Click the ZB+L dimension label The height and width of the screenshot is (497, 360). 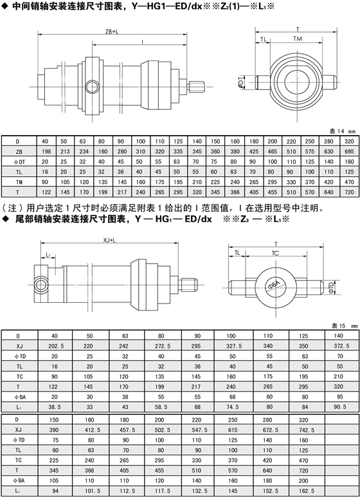tap(112, 32)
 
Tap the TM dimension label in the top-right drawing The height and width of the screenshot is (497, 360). tap(298, 39)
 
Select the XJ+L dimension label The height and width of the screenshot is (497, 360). tap(110, 240)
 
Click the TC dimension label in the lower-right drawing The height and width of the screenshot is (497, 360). tap(275, 253)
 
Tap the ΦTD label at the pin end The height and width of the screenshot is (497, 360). tap(330, 287)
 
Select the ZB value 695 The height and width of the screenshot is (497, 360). tap(349, 152)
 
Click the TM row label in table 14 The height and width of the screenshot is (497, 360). tap(19, 182)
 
